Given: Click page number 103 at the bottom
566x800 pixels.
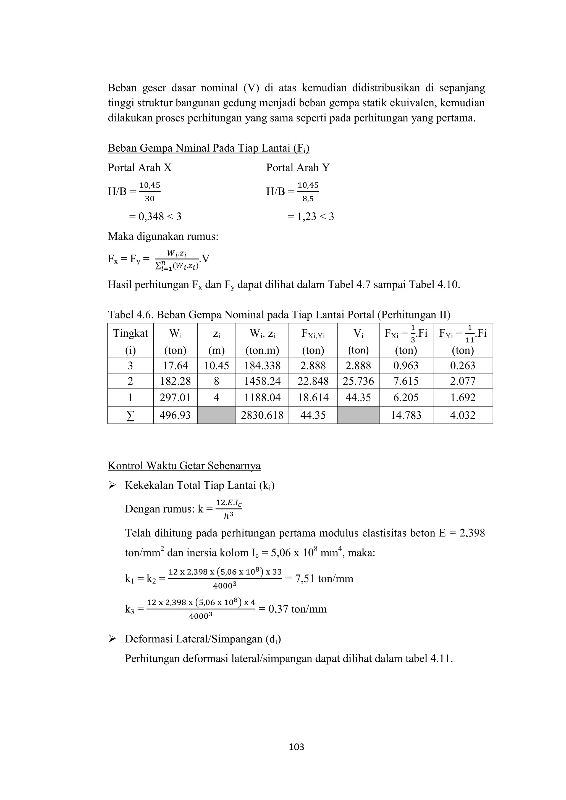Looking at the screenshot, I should click(297, 747).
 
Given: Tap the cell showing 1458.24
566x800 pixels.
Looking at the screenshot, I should click(262, 381).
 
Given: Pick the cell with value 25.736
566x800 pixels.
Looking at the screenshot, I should click(358, 381).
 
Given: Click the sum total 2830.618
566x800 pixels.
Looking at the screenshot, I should click(262, 415).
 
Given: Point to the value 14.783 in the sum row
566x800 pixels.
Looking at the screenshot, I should click(406, 415).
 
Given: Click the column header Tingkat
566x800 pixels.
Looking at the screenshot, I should click(130, 334).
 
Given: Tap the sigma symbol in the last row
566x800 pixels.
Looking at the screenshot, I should click(130, 415).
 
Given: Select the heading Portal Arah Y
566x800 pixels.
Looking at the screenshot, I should click(298, 168).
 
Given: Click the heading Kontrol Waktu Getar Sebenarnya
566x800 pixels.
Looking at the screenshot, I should click(184, 466).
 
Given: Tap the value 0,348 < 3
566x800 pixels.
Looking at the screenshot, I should click(155, 216).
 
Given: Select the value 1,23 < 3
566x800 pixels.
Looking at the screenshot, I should click(310, 216).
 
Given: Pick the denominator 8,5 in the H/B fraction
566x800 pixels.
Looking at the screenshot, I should click(308, 199).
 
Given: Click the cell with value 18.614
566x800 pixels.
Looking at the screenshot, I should click(313, 398).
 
